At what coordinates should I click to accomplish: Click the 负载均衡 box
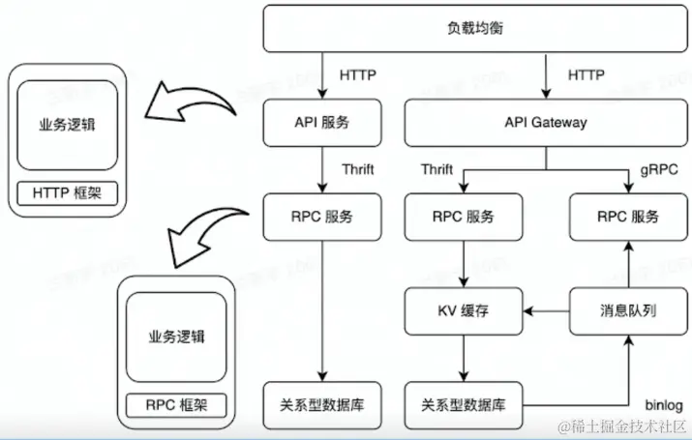[x=475, y=27]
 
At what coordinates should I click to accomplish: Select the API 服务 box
[x=321, y=123]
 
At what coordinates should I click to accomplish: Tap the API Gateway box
[x=545, y=123]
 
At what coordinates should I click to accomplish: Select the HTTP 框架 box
[x=67, y=193]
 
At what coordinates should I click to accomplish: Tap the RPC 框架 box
[x=176, y=404]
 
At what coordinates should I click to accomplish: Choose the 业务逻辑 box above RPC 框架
[x=176, y=337]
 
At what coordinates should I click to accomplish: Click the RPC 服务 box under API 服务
[x=321, y=217]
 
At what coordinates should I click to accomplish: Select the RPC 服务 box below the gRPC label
[x=628, y=217]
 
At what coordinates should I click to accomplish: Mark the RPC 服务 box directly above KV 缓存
[x=464, y=217]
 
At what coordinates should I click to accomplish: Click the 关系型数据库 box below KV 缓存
[x=464, y=403]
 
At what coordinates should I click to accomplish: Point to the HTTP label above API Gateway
[x=586, y=73]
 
